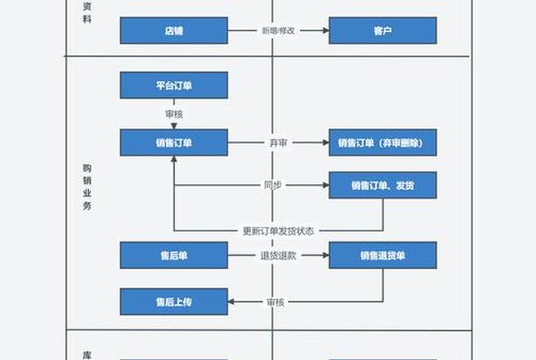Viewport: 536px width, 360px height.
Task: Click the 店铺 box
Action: [174, 31]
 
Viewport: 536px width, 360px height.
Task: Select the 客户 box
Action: [383, 31]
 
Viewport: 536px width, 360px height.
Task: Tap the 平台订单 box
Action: [174, 85]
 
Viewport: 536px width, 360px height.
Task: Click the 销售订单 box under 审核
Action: [174, 142]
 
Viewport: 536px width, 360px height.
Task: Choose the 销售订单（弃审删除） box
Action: [383, 142]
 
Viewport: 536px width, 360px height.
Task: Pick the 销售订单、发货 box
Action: [383, 185]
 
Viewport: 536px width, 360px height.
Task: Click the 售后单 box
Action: [174, 255]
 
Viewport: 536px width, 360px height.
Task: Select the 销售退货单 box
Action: [383, 255]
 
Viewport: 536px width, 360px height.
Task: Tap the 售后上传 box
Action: [174, 302]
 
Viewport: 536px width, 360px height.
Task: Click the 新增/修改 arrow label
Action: [278, 31]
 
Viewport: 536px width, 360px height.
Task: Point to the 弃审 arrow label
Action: [278, 142]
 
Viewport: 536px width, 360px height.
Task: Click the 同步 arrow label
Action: [273, 185]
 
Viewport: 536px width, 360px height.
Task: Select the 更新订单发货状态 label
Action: [278, 231]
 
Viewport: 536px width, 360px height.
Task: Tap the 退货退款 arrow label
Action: [278, 255]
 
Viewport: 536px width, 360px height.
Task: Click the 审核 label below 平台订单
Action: [174, 113]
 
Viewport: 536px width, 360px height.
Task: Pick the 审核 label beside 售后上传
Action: [276, 302]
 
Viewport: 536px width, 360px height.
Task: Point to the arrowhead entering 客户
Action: [325, 31]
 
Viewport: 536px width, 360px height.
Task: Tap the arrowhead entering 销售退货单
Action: [325, 255]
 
